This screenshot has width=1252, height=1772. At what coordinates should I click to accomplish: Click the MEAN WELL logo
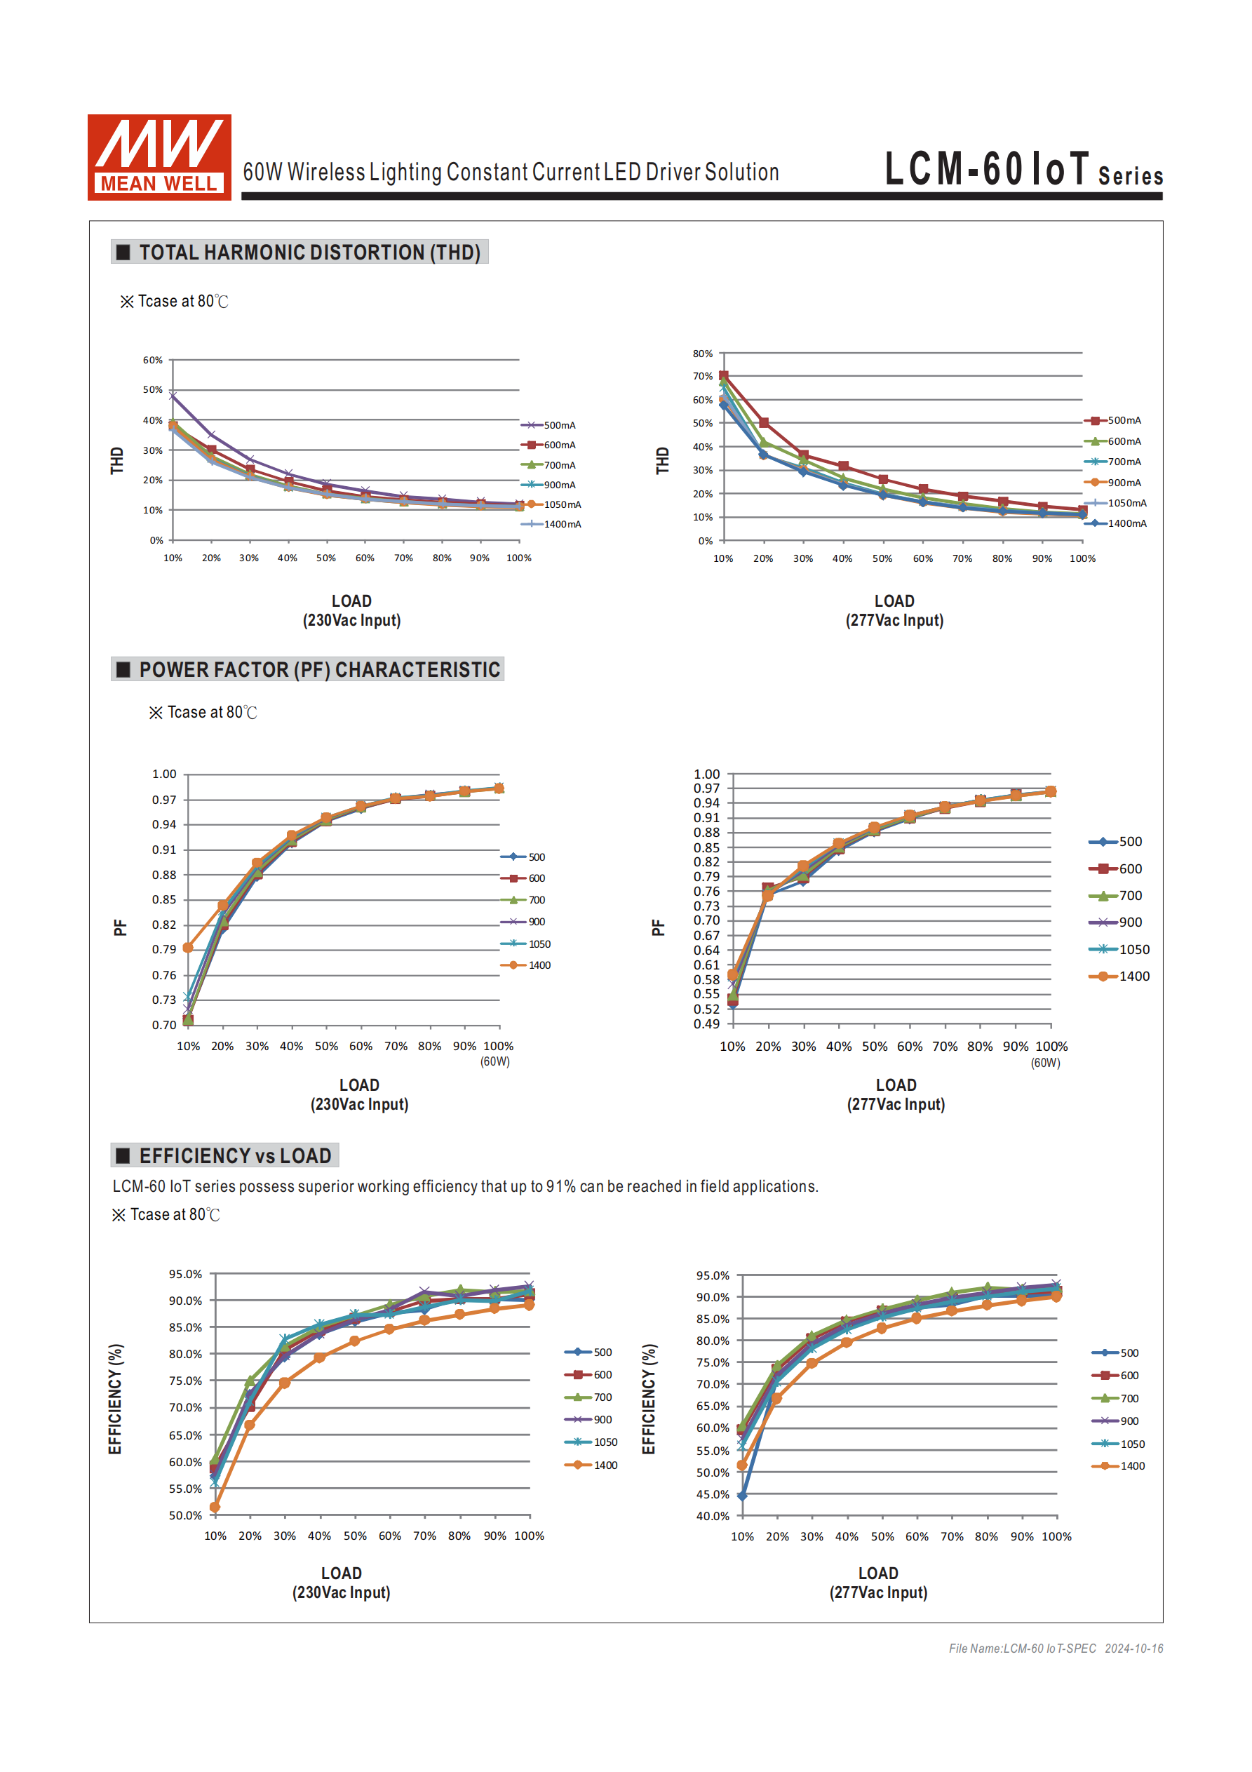pyautogui.click(x=159, y=156)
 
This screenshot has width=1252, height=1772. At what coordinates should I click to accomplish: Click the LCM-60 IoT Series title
pyautogui.click(x=1023, y=169)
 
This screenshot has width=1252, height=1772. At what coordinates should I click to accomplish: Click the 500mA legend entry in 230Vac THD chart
pyautogui.click(x=550, y=425)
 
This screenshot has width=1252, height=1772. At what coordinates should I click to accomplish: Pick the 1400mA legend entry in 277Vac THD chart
pyautogui.click(x=1116, y=523)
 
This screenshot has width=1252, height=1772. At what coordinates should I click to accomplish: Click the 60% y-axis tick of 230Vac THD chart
pyautogui.click(x=153, y=361)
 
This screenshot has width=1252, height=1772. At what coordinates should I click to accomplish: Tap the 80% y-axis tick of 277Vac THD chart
pyautogui.click(x=702, y=354)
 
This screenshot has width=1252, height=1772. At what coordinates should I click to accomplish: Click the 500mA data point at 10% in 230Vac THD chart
pyautogui.click(x=173, y=396)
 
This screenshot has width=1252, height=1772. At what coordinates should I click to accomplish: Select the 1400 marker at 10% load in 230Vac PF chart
pyautogui.click(x=187, y=947)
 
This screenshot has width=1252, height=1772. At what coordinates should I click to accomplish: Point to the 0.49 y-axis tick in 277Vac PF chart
pyautogui.click(x=706, y=1024)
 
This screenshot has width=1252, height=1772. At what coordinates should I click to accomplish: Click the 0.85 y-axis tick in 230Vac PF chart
pyautogui.click(x=163, y=900)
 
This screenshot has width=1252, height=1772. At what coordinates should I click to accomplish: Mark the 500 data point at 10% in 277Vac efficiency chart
pyautogui.click(x=742, y=1496)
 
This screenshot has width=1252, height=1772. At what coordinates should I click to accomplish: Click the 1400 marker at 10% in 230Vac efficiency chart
pyautogui.click(x=215, y=1507)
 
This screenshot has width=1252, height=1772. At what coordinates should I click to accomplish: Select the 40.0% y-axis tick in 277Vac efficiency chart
pyautogui.click(x=713, y=1516)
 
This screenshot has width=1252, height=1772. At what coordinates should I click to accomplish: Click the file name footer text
pyautogui.click(x=1055, y=1648)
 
